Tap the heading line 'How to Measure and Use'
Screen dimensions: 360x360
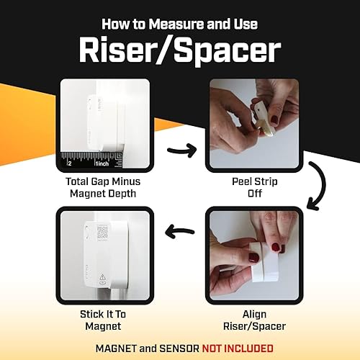pyautogui.click(x=179, y=24)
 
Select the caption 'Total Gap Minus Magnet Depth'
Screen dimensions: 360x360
pyautogui.click(x=106, y=187)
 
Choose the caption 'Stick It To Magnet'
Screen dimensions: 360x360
pyautogui.click(x=106, y=320)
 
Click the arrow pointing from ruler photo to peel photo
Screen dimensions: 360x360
pyautogui.click(x=181, y=150)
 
